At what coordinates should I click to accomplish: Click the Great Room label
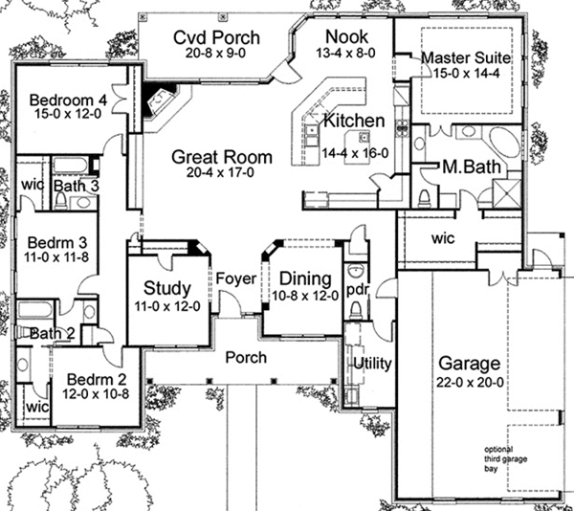pyautogui.click(x=221, y=157)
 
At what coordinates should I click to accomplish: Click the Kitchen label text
pyautogui.click(x=354, y=122)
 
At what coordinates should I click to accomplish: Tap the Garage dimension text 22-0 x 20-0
pyautogui.click(x=469, y=383)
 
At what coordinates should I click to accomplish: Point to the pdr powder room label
pyautogui.click(x=358, y=287)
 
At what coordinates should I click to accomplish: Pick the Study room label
pyautogui.click(x=166, y=288)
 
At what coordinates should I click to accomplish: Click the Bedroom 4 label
pyautogui.click(x=66, y=99)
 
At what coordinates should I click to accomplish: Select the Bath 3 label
pyautogui.click(x=76, y=185)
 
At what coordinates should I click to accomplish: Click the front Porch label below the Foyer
pyautogui.click(x=246, y=358)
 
